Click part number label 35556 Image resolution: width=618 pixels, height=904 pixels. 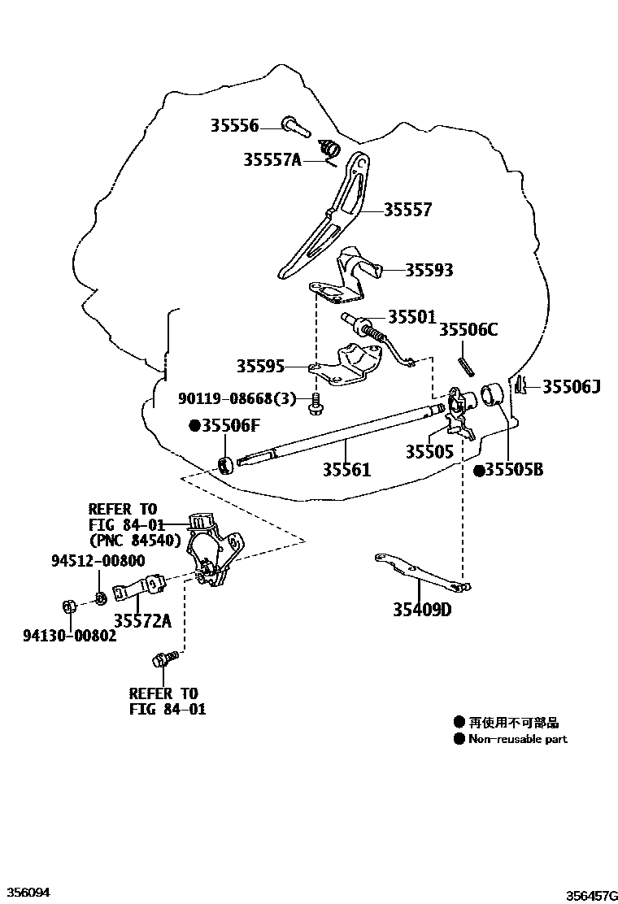pos(234,125)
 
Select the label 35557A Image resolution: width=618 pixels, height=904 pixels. pos(272,160)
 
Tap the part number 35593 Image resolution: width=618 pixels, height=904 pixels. pos(429,270)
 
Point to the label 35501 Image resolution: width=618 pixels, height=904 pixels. pos(411,316)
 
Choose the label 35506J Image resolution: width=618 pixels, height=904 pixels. pos(571,386)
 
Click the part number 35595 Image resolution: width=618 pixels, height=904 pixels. pos(260,367)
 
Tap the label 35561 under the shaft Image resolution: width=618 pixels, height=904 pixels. pos(346,470)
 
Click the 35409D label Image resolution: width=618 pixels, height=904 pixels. pos(421,610)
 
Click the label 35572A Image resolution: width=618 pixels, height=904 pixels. pos(142,621)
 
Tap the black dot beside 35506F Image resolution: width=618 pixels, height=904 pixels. pos(194,425)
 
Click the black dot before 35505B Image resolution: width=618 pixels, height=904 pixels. pos(479,470)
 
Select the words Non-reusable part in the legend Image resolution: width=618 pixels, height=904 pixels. pos(518,739)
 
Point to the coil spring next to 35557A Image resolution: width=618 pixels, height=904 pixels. pos(329,150)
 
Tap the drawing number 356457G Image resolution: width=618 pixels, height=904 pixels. pos(590,893)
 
